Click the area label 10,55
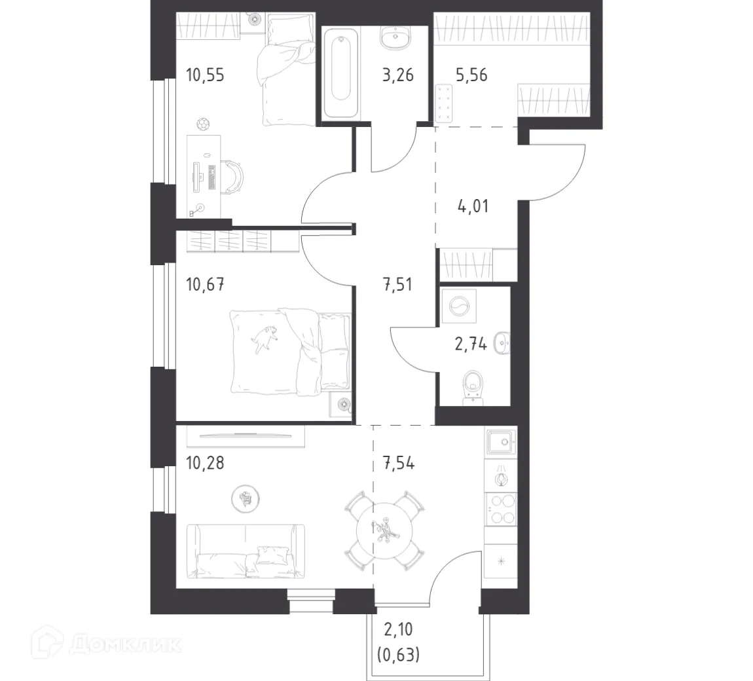pyautogui.click(x=205, y=75)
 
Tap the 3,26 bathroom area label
pyautogui.click(x=397, y=75)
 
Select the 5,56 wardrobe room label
pyautogui.click(x=471, y=75)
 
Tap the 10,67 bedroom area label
pyautogui.click(x=205, y=285)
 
